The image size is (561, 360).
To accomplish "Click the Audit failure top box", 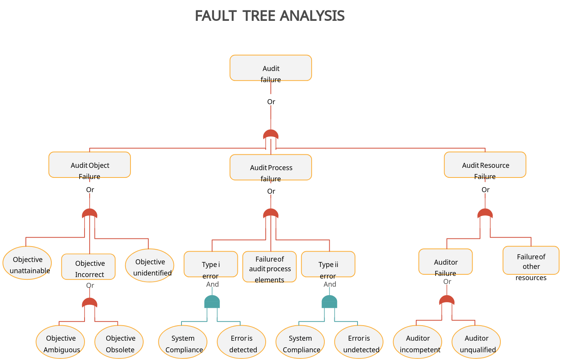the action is point(271,68).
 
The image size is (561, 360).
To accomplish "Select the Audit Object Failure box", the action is point(90,165).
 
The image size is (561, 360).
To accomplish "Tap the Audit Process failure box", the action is point(271,167).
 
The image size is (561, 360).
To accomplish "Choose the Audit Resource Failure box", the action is point(485,165).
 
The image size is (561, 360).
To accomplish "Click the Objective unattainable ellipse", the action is point(27,263).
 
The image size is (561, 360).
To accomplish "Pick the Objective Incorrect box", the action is point(88,267).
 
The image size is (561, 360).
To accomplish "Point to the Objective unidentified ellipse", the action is point(149,265).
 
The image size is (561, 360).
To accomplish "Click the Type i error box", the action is point(211,264).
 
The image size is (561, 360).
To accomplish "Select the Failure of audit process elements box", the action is point(269,267).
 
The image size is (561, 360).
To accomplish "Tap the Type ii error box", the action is point(328,264).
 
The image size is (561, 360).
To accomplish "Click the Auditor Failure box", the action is point(446,262).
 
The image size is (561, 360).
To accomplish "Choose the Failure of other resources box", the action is point(531,260).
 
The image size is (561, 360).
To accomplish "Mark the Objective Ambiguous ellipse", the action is point(60,342).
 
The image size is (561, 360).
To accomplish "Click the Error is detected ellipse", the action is point(241,342).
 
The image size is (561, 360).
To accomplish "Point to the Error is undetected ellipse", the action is point(359,342).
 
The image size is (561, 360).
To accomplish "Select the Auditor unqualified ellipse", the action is point(476,342).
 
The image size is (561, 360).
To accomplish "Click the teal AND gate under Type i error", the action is point(212,302).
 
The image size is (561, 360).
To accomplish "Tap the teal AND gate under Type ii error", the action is point(329,302).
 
